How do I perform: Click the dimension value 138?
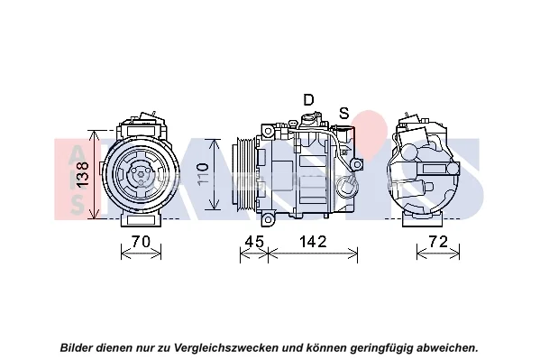[x=83, y=175]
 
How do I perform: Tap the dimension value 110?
[x=203, y=173]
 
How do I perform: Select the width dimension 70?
[x=142, y=242]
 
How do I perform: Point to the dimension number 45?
[x=254, y=242]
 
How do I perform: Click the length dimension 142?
[x=312, y=242]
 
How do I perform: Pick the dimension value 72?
[x=438, y=242]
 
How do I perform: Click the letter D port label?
[x=308, y=99]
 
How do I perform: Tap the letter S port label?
[x=344, y=113]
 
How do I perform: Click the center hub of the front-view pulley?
[x=142, y=174]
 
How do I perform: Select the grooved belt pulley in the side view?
[x=244, y=175]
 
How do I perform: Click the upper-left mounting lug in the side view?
[x=268, y=131]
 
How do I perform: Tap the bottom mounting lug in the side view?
[x=268, y=219]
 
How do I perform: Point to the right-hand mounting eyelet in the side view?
[x=357, y=164]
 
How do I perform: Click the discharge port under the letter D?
[x=309, y=121]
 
